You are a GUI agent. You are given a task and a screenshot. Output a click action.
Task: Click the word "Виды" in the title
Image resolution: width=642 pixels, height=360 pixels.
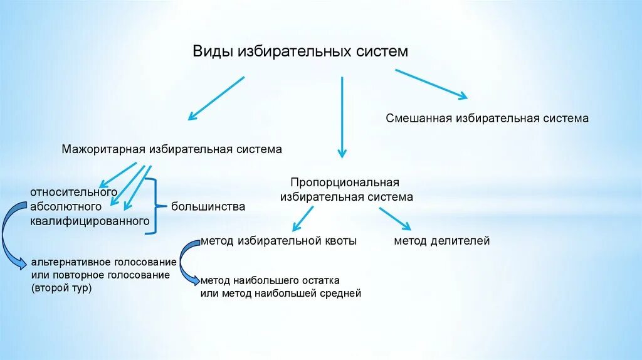pyautogui.click(x=212, y=51)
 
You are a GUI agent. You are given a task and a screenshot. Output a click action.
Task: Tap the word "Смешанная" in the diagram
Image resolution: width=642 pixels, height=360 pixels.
pyautogui.click(x=418, y=118)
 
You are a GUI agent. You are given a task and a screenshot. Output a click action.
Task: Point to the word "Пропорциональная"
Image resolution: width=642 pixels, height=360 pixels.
pyautogui.click(x=344, y=183)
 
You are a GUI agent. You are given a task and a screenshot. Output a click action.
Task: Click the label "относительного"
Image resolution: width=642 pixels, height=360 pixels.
pyautogui.click(x=73, y=191)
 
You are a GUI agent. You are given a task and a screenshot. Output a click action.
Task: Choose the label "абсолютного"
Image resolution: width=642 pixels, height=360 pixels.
pyautogui.click(x=65, y=206)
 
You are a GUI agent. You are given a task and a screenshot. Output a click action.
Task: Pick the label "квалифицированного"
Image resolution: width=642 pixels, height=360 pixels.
pyautogui.click(x=89, y=221)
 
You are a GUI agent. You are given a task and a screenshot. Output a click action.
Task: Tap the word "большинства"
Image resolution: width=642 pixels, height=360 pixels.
pyautogui.click(x=208, y=206)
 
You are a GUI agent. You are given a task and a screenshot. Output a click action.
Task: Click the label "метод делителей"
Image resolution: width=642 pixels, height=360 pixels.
pyautogui.click(x=441, y=241)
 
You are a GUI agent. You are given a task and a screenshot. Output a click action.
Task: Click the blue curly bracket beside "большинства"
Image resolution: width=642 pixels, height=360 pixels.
pyautogui.click(x=152, y=206)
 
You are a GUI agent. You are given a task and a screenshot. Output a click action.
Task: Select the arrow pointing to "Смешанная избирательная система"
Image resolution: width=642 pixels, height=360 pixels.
pyautogui.click(x=430, y=83)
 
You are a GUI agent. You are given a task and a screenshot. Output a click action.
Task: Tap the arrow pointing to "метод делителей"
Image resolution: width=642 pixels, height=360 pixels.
pyautogui.click(x=394, y=218)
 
